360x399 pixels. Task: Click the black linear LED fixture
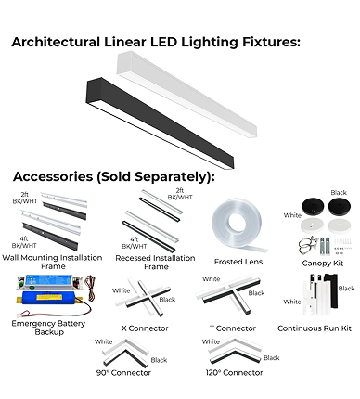tap(160, 123)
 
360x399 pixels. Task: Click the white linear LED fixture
tap(186, 95)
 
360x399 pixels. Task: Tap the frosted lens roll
tap(238, 224)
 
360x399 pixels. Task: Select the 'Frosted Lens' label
tap(238, 262)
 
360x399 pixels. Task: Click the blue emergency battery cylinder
tap(48, 298)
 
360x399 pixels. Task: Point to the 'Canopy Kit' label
tap(323, 264)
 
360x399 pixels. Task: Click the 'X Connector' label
tap(145, 328)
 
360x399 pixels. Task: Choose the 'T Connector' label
tap(233, 328)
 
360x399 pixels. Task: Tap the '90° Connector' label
tap(123, 373)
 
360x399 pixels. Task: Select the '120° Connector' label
tap(234, 373)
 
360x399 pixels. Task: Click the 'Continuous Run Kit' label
tap(315, 328)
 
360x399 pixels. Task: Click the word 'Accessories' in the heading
tap(53, 176)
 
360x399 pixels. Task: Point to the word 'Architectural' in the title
tap(56, 42)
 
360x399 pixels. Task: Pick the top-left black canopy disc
tap(313, 207)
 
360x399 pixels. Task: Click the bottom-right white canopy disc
tap(340, 226)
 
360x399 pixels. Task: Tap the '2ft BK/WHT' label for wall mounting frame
tap(25, 198)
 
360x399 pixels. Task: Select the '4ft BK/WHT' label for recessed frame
tap(135, 243)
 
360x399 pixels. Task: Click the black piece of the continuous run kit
tap(331, 290)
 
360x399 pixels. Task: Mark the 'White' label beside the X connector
tap(122, 290)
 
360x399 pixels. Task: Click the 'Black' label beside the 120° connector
tap(271, 358)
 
